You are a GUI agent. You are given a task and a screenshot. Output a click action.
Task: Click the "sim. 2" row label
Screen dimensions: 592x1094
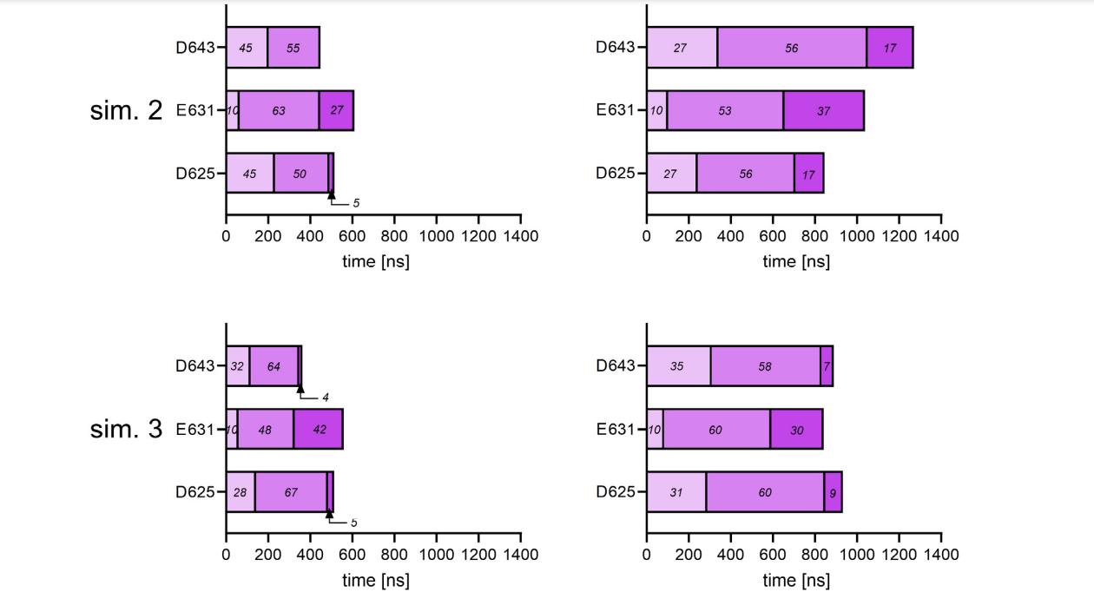coord(126,110)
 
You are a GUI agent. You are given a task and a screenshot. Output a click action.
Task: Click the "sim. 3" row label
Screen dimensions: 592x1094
coord(126,429)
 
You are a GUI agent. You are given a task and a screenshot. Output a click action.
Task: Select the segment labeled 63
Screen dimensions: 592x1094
coord(279,110)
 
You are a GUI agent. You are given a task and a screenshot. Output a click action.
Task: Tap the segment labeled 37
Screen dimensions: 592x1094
coord(823,110)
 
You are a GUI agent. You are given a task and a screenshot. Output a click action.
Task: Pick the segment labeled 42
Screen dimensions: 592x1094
coord(319,429)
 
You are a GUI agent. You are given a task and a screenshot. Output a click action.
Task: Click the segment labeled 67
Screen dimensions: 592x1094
coord(291,492)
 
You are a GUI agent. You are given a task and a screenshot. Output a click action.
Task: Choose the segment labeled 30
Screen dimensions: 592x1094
coord(796,429)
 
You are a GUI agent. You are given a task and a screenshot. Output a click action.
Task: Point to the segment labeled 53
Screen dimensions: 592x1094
coord(725,110)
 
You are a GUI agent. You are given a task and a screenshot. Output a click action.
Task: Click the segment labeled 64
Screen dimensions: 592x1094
coord(273,365)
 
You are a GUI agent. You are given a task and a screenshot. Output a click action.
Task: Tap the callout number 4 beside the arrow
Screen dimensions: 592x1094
coord(326,398)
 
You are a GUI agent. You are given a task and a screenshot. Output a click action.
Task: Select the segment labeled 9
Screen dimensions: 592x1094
coord(833,492)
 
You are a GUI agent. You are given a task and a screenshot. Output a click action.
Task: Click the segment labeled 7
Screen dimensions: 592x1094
coord(827,365)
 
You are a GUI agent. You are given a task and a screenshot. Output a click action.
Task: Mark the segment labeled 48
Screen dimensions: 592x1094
coord(265,429)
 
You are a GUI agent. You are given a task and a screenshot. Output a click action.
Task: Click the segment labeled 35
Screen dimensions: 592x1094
coord(677,365)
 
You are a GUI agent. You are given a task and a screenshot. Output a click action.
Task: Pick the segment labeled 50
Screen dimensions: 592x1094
coord(300,173)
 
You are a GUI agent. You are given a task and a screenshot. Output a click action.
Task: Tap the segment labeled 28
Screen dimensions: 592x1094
coord(240,492)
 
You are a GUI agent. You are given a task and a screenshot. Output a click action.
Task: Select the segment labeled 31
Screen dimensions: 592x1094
coord(676,492)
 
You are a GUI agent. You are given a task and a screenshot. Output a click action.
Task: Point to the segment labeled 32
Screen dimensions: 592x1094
coord(237,365)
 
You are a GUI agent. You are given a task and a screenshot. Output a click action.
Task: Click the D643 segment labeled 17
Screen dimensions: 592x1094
coord(890,48)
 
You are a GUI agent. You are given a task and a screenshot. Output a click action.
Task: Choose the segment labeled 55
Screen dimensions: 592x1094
coord(293,48)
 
